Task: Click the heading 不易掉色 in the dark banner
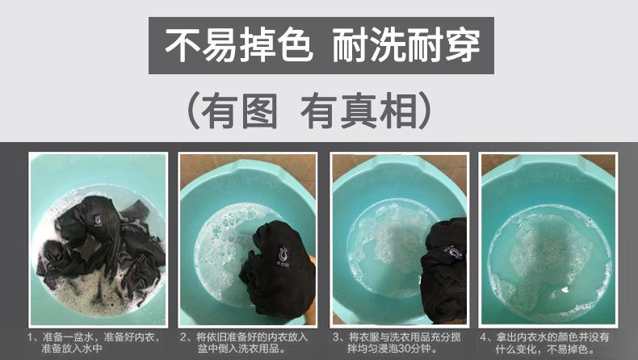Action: (239, 45)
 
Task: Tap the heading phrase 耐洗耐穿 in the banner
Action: (406, 45)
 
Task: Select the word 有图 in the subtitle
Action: (239, 111)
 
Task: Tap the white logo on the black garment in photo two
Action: (283, 256)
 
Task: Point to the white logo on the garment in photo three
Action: (455, 251)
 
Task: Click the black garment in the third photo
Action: (445, 270)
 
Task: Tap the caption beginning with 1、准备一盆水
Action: (94, 342)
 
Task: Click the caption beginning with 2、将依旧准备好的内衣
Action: (244, 342)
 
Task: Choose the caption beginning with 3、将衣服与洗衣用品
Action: (397, 342)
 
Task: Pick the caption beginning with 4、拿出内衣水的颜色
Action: (544, 342)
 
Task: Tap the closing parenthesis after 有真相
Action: (424, 111)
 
